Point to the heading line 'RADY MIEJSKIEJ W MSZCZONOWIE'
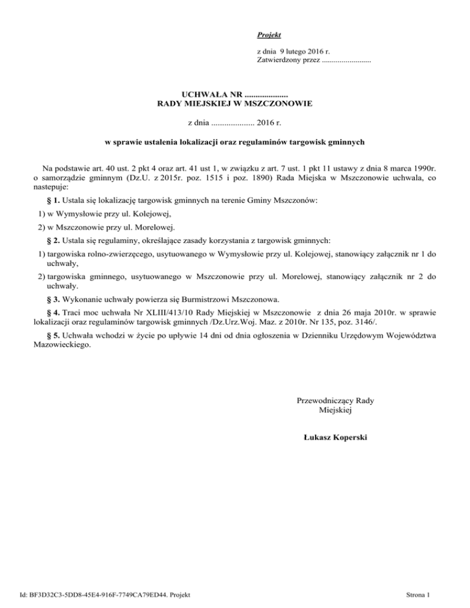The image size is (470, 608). (235, 104)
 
